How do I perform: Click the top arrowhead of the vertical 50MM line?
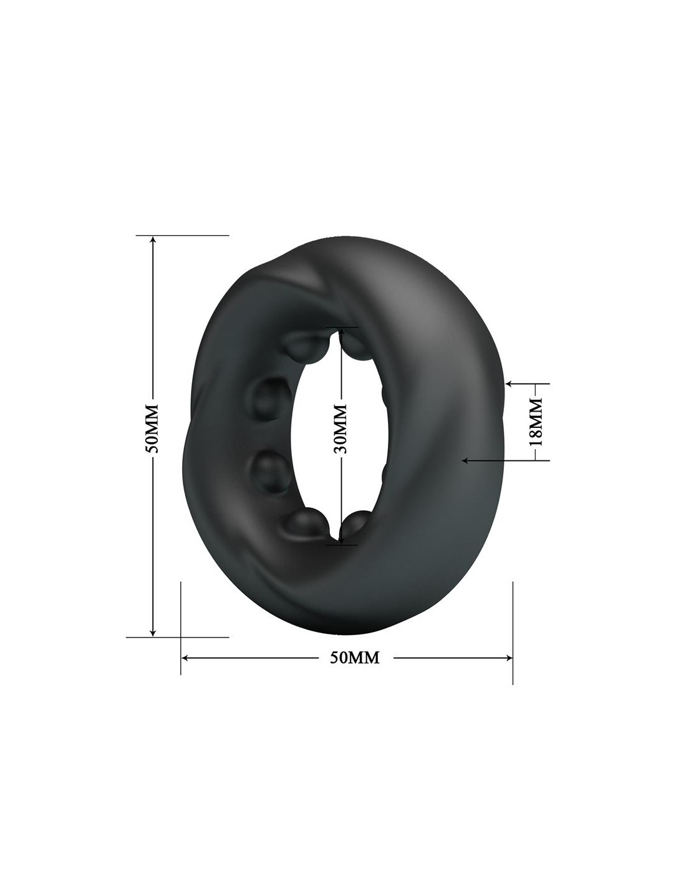coord(153,240)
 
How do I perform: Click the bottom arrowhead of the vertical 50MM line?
coord(153,642)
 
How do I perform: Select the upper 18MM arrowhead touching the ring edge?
coord(510,383)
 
